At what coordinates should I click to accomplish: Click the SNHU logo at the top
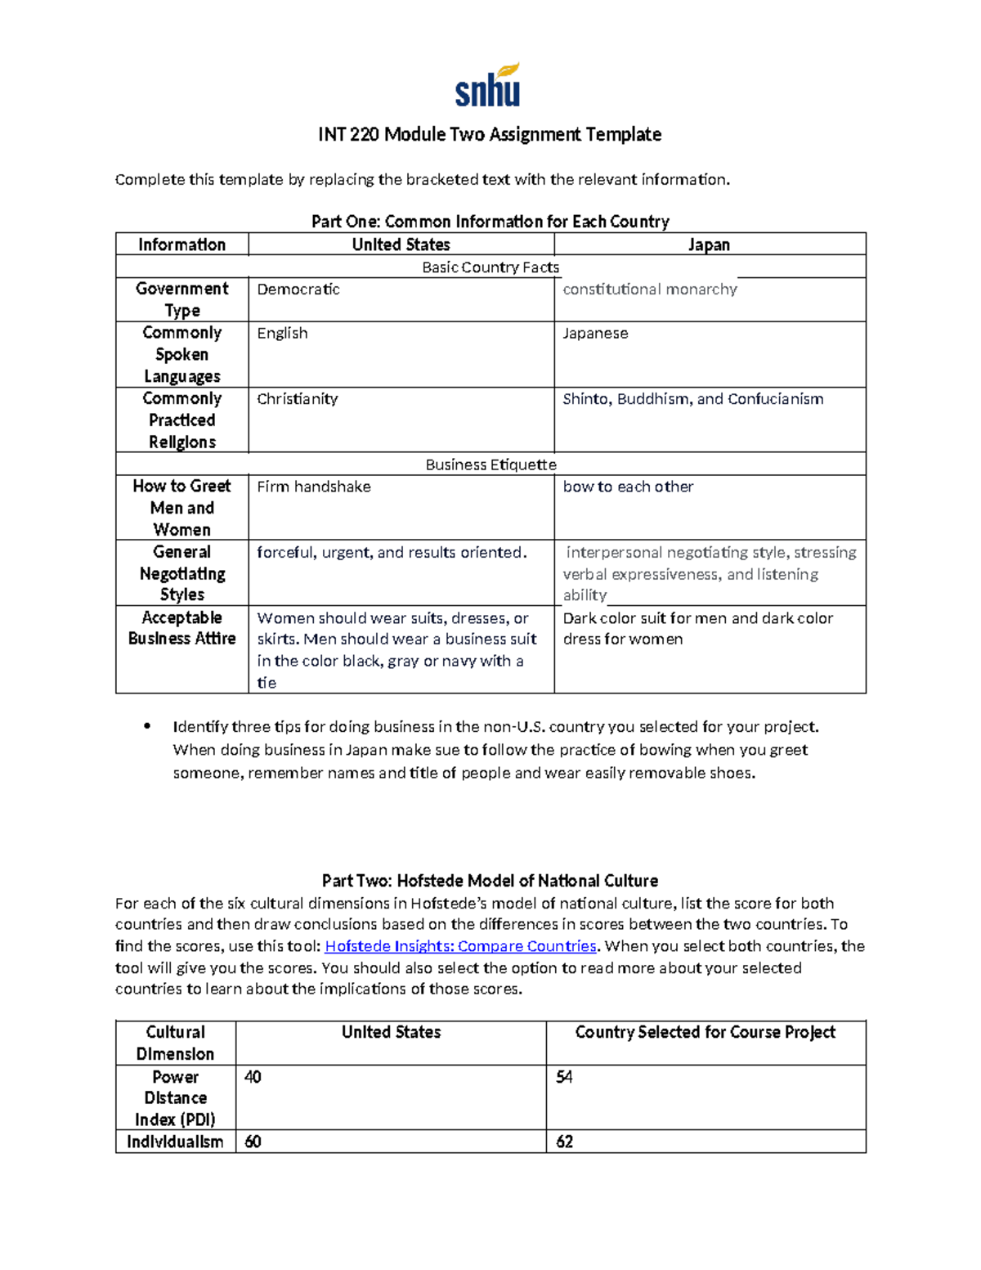tap(488, 87)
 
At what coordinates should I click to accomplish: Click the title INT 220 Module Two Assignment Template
tap(490, 134)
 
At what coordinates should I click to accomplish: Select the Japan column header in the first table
tap(709, 245)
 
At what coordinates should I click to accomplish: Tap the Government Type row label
tap(182, 299)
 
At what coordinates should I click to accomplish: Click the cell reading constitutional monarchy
tap(650, 289)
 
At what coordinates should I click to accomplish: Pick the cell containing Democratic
tap(298, 289)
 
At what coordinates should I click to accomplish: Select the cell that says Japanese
tap(595, 334)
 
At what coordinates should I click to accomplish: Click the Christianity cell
tap(297, 399)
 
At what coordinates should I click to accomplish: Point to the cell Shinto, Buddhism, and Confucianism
tap(692, 399)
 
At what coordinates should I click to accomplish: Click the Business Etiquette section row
tap(490, 464)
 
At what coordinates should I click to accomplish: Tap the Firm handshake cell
tap(314, 487)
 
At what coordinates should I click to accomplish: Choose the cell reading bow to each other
tap(628, 487)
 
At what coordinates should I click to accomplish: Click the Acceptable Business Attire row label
tap(181, 628)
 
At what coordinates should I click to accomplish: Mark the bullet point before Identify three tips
tap(147, 726)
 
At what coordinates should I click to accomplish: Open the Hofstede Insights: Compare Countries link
tap(460, 946)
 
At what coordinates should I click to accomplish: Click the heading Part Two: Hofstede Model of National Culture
tap(490, 881)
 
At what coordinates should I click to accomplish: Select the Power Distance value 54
tap(564, 1078)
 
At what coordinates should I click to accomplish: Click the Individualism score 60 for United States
tap(253, 1142)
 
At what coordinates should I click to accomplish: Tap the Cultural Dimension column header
tap(175, 1043)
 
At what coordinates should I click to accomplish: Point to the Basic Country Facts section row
tap(490, 267)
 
